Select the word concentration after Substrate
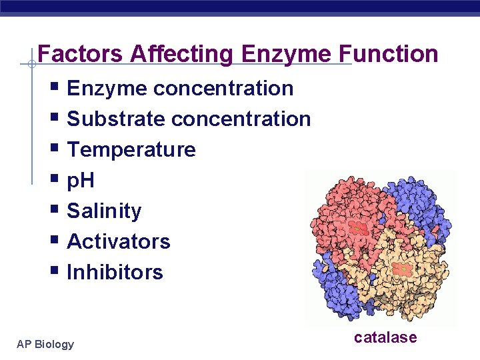[241, 119]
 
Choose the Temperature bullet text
[131, 149]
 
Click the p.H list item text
[81, 180]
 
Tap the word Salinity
[104, 211]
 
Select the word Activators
[119, 241]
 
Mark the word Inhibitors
[115, 272]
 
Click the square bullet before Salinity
[55, 211]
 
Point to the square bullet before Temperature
[55, 149]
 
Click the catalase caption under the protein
[385, 337]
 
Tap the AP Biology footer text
[45, 344]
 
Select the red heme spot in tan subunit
[402, 269]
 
